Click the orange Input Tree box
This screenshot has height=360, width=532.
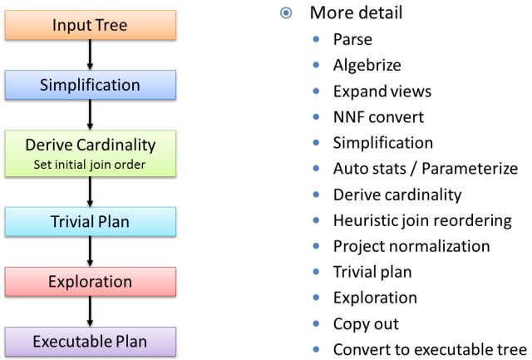click(x=90, y=25)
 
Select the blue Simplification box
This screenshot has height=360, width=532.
click(x=90, y=85)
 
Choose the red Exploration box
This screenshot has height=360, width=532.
click(x=90, y=280)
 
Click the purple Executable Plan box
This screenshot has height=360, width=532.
click(x=90, y=341)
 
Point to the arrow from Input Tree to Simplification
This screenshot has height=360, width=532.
click(x=90, y=55)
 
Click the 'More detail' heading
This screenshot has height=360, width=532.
click(x=356, y=12)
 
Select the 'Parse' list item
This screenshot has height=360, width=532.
click(x=352, y=39)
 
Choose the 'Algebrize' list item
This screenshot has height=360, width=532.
click(x=367, y=65)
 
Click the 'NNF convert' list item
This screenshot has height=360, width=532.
click(x=378, y=116)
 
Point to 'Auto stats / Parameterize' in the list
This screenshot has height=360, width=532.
click(x=425, y=169)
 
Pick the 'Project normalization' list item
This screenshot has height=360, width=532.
click(x=411, y=246)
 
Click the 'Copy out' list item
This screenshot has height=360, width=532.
click(x=366, y=323)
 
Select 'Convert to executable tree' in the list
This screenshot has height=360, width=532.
click(x=430, y=349)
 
